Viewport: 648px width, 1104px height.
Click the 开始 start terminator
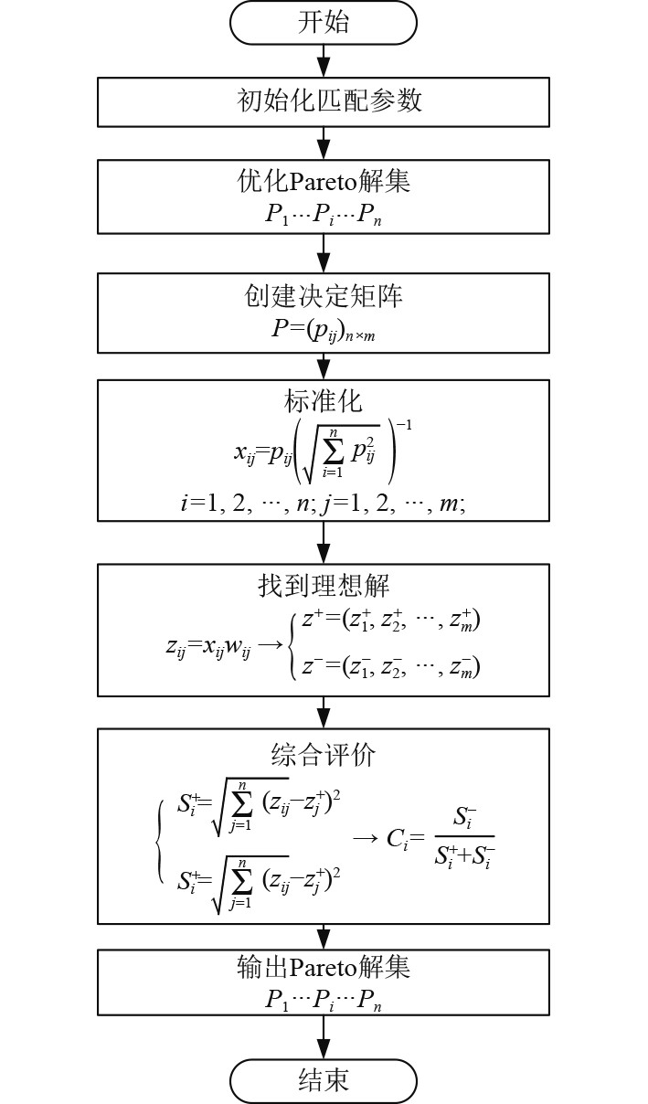(x=324, y=22)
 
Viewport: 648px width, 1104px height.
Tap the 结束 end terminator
(x=324, y=1081)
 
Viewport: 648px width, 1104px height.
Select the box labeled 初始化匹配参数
(x=324, y=101)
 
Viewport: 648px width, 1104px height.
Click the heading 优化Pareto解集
(x=324, y=180)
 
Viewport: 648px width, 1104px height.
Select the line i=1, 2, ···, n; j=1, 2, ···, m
(x=324, y=502)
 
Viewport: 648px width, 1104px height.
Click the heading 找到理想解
(x=324, y=586)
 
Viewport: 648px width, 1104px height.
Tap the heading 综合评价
(x=324, y=755)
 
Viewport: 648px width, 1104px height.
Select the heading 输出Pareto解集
(x=324, y=966)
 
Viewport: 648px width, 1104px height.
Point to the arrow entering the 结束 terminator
(x=324, y=1037)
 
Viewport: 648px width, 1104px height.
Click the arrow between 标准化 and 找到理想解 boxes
(x=324, y=542)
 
